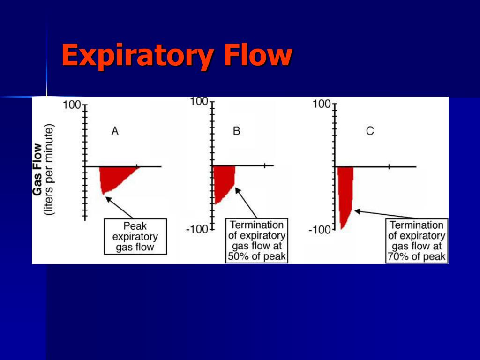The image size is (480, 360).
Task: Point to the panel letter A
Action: pos(115,132)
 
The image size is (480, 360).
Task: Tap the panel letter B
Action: pos(236,131)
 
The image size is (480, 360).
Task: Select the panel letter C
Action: pos(370,131)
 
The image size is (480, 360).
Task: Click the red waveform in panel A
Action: pos(115,178)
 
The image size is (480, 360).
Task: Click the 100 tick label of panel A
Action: pos(72,105)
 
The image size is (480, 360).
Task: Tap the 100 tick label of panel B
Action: pos(199,101)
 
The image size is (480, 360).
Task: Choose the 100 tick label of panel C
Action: pos(322,104)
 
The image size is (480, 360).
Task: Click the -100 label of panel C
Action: pos(320,230)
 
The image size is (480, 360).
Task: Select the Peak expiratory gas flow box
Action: pos(135,237)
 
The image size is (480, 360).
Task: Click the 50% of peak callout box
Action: pos(256,240)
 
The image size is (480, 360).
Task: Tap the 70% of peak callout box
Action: pos(417,241)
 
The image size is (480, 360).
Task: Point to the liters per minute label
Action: pos(50,169)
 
